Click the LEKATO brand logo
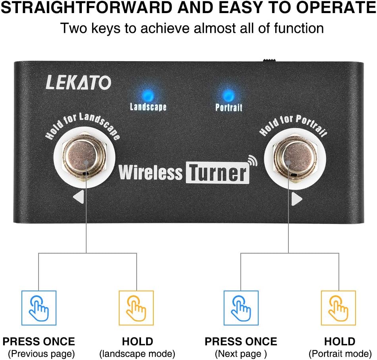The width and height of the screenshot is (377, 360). [x=78, y=82]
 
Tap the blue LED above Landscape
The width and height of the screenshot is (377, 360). [x=147, y=95]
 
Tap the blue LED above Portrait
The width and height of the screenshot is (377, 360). [x=228, y=96]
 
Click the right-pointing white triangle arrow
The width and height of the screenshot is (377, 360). [x=296, y=199]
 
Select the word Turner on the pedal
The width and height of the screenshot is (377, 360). [x=217, y=173]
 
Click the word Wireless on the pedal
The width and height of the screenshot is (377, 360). [x=151, y=173]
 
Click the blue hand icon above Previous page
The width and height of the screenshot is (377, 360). [x=39, y=308]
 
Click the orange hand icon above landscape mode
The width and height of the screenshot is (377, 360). [x=136, y=308]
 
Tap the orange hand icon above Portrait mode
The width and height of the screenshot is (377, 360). [x=338, y=308]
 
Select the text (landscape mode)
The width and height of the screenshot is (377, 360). [x=137, y=353]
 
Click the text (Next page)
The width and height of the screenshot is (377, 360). [x=241, y=353]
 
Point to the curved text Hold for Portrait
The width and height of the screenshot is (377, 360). [x=294, y=126]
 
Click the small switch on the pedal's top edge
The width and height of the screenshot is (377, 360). [x=269, y=60]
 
